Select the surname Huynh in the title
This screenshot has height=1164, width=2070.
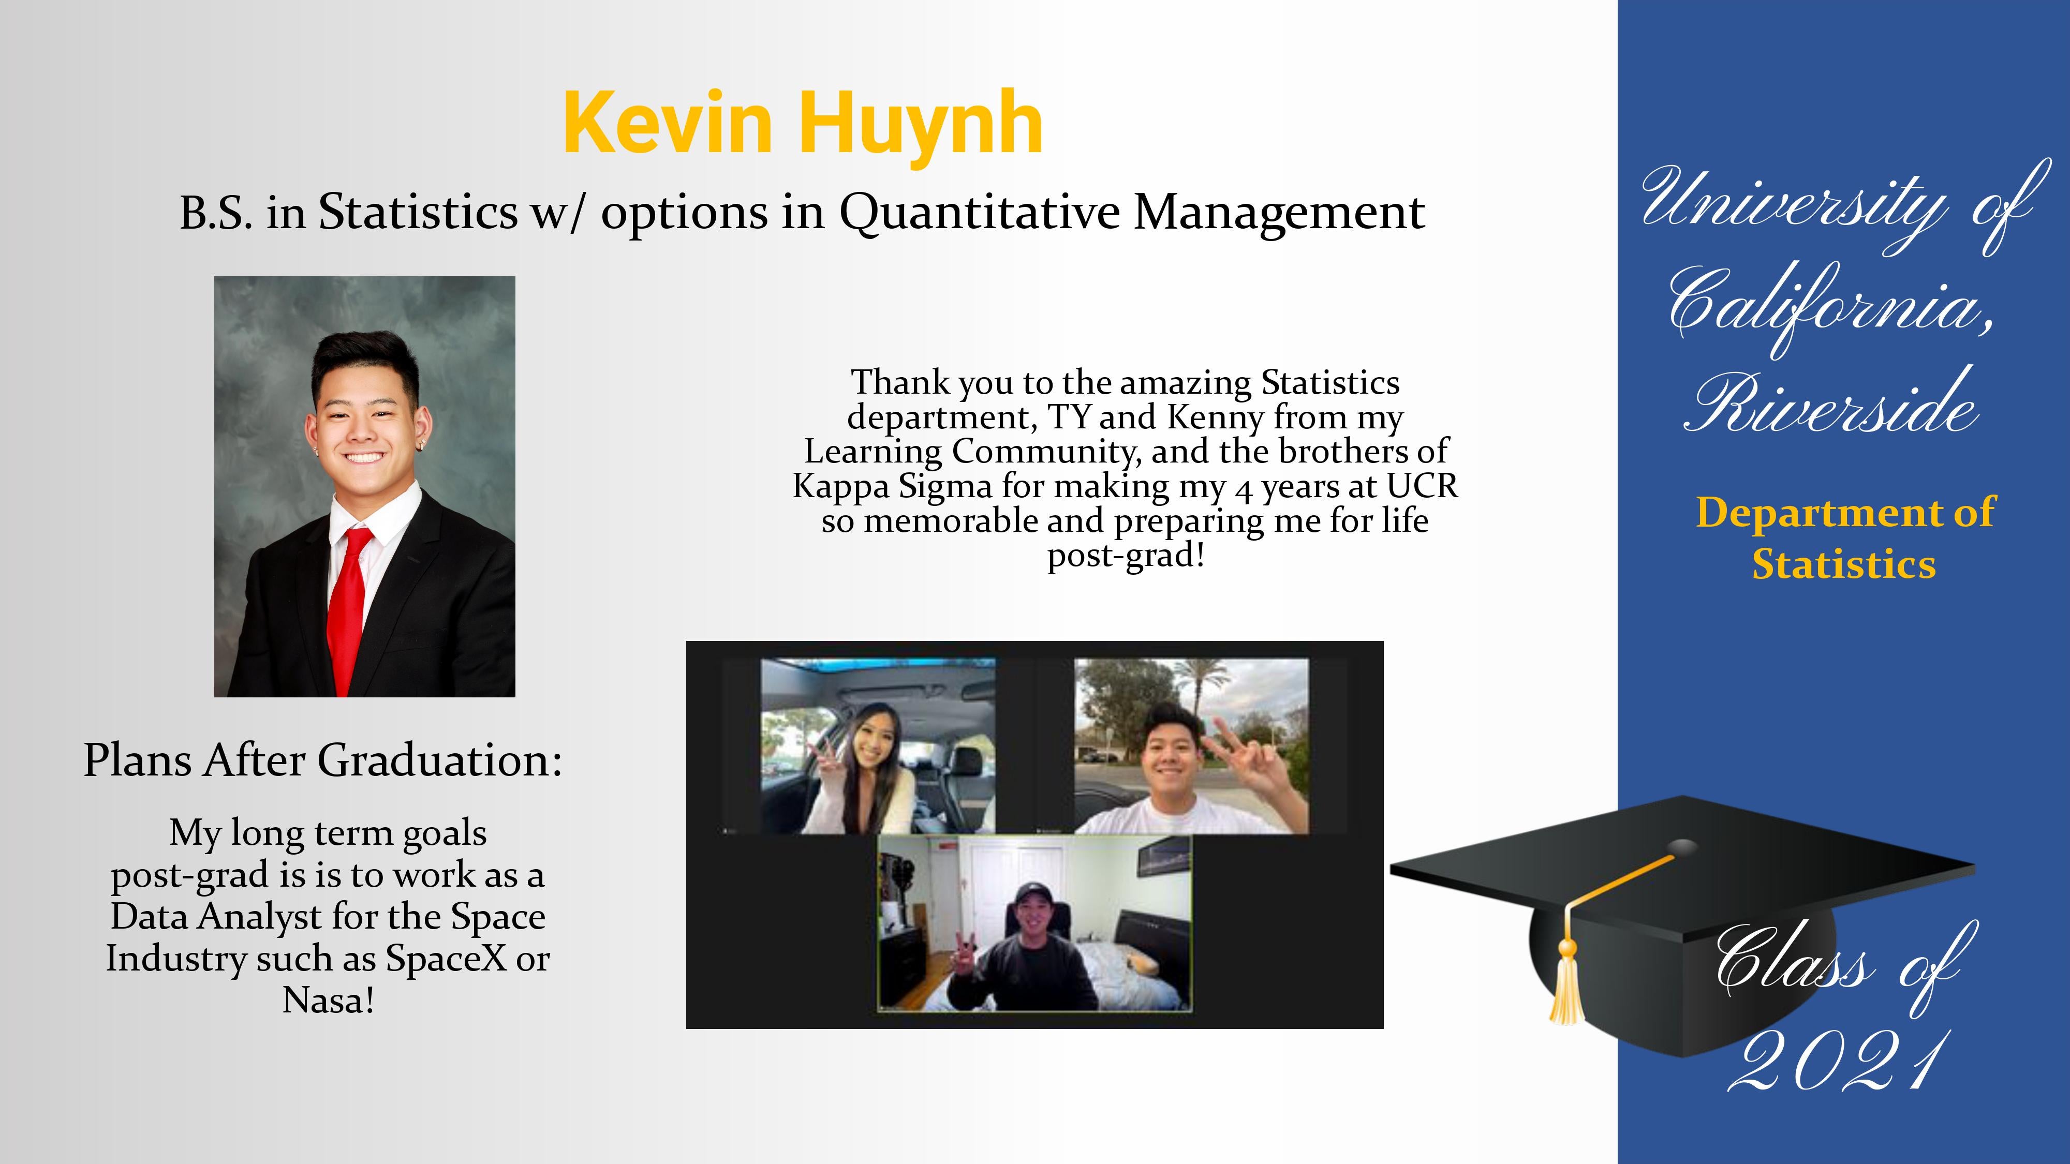point(920,125)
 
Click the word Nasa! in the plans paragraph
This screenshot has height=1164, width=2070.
point(328,1000)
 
